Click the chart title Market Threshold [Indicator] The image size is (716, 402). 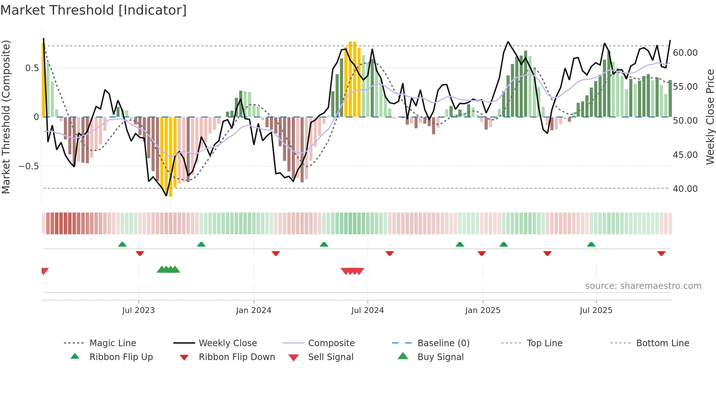click(x=94, y=10)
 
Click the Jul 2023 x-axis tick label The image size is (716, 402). click(x=138, y=310)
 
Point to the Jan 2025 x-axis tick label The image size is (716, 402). click(x=483, y=310)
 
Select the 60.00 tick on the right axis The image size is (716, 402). click(x=685, y=53)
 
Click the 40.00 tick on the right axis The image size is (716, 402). click(x=685, y=189)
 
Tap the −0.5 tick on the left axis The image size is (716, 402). click(x=28, y=166)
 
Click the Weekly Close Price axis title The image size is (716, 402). click(x=710, y=117)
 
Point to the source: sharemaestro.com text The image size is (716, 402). click(x=643, y=286)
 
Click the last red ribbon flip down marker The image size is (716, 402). click(x=661, y=253)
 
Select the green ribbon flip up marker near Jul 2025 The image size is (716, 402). click(x=591, y=244)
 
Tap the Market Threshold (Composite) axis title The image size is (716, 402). click(x=6, y=117)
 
